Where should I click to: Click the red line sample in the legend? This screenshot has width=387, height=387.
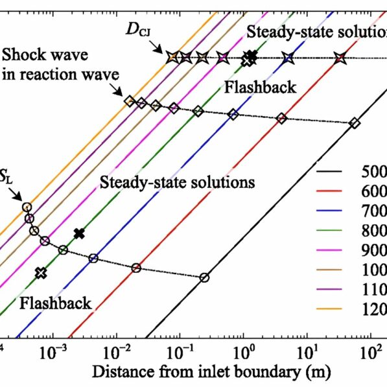(335, 193)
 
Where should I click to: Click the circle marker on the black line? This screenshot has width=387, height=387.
(205, 277)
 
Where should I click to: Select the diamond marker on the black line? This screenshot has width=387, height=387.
(354, 123)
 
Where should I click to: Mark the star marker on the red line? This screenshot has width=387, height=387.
(340, 58)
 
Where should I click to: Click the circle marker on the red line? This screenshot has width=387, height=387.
(136, 268)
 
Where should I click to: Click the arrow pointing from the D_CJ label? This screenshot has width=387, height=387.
(159, 47)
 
